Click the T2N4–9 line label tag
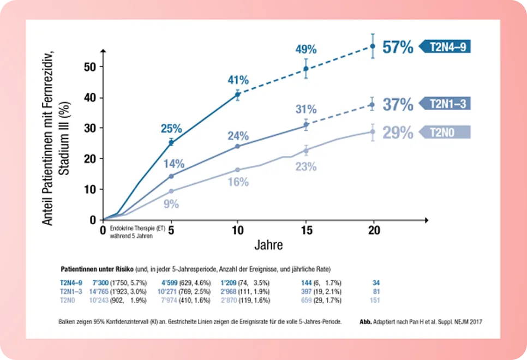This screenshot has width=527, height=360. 446,47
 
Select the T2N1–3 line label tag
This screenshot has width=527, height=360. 446,104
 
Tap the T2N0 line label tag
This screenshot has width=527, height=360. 446,132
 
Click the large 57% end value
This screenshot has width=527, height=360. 398,47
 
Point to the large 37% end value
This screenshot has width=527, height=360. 398,104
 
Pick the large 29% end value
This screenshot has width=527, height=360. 398,133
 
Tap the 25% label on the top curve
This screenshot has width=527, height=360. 171,129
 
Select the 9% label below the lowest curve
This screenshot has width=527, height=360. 171,205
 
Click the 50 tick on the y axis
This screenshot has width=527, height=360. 89,67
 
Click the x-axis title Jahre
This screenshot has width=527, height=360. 268,245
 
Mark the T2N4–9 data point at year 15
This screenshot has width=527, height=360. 306,69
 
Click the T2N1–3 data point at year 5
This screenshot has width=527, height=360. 171,176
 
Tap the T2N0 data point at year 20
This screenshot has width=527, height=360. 373,131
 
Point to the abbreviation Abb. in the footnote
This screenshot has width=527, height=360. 366,322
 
